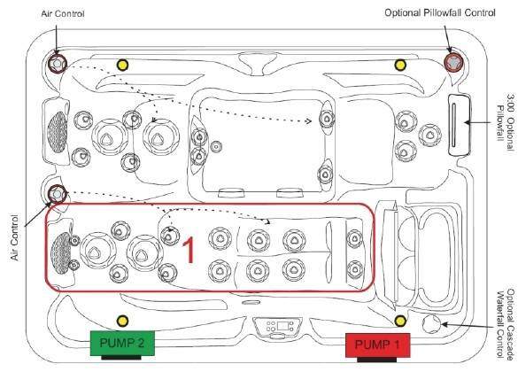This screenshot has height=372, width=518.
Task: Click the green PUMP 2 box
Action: click(x=122, y=344)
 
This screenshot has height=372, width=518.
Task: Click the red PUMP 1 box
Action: click(x=377, y=345)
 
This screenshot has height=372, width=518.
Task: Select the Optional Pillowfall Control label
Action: click(x=440, y=13)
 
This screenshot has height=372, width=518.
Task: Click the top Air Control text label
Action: click(x=63, y=14)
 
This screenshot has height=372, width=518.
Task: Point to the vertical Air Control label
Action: click(x=15, y=237)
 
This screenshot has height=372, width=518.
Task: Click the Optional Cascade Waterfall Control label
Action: click(x=506, y=324)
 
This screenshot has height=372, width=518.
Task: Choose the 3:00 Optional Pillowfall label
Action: click(x=506, y=117)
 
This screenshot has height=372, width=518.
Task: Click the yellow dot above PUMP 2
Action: click(x=122, y=321)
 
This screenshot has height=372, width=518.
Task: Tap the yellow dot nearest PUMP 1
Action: click(x=400, y=321)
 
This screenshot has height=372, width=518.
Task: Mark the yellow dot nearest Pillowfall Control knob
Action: click(x=400, y=65)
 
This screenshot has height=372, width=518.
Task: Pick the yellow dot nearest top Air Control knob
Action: click(x=122, y=65)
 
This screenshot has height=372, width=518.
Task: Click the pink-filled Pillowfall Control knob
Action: click(x=453, y=62)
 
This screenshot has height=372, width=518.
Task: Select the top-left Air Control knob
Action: click(x=57, y=63)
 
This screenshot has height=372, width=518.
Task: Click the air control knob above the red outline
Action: click(x=57, y=194)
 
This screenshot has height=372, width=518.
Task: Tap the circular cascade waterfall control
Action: click(x=432, y=324)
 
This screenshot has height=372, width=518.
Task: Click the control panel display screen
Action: click(x=282, y=326)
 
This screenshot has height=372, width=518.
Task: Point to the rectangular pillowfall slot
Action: click(x=459, y=125)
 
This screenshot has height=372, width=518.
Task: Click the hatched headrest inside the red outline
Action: click(x=61, y=252)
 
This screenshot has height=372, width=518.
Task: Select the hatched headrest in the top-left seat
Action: click(x=58, y=132)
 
